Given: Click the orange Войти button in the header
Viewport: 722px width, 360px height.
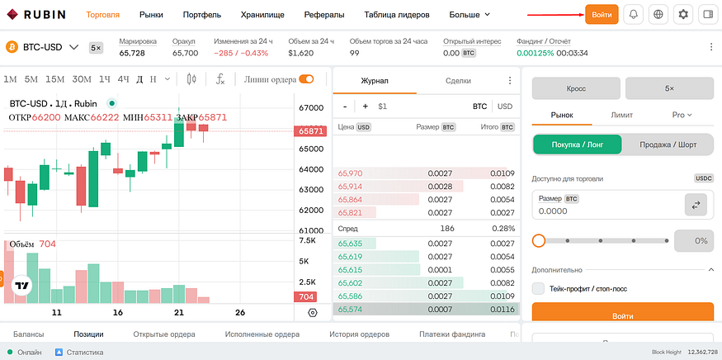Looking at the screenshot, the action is click(602, 14).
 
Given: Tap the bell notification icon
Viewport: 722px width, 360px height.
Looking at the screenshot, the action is click(633, 14).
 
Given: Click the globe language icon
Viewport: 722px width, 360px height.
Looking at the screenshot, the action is click(658, 14).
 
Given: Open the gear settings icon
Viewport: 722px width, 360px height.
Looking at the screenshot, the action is click(683, 14).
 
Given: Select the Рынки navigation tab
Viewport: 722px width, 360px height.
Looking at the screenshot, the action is click(151, 15).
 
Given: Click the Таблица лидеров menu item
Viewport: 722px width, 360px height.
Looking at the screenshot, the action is click(396, 15).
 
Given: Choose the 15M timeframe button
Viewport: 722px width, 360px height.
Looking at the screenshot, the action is click(54, 79).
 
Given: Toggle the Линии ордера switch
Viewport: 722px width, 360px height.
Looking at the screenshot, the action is click(306, 79).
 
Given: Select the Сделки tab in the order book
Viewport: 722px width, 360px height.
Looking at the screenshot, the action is click(458, 81).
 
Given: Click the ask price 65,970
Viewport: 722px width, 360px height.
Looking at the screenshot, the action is click(350, 173).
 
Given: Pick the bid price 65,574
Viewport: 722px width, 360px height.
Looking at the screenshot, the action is click(350, 310).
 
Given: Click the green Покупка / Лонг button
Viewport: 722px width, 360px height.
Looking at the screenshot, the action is click(578, 144).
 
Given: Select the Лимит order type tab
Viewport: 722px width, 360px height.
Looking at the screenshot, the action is click(621, 115).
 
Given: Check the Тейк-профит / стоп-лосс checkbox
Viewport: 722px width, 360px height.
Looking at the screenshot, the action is click(538, 289).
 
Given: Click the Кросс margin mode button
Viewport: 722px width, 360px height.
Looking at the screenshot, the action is click(576, 88).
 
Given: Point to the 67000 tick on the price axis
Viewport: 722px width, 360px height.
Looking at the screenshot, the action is click(311, 108).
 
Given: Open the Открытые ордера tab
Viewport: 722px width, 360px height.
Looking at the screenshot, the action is click(164, 334).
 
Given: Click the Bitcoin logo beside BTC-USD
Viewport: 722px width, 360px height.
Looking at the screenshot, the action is click(12, 47).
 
